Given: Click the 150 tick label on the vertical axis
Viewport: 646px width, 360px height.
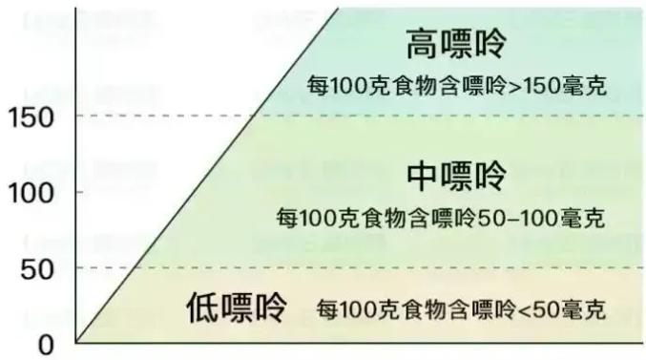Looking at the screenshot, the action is [x=31, y=116].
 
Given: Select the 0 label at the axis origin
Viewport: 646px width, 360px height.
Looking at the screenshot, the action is [x=46, y=344].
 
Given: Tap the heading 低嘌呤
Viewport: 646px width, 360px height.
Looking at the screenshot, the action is [x=236, y=308].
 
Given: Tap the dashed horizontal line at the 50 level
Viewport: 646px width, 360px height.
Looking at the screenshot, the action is [x=382, y=267].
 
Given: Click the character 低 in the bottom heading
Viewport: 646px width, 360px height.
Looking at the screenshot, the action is [x=202, y=308].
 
